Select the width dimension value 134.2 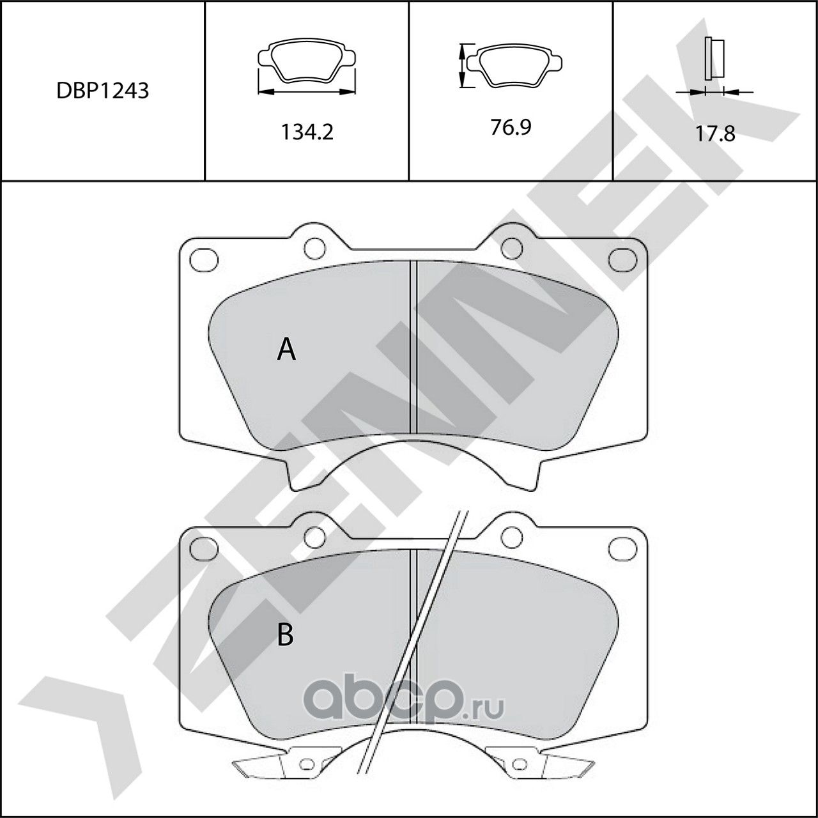[x=307, y=132]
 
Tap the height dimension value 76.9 [x=511, y=128]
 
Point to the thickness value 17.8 [x=715, y=134]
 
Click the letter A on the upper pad [x=286, y=350]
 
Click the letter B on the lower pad [x=285, y=635]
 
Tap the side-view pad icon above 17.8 [x=714, y=59]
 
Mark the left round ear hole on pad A [x=313, y=247]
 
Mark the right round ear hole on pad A [x=511, y=247]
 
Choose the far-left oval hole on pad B [x=204, y=547]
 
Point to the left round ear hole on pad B [x=313, y=536]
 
